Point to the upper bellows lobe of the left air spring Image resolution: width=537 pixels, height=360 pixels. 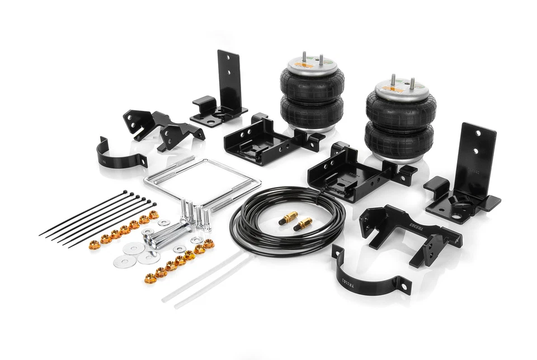pyautogui.click(x=312, y=87)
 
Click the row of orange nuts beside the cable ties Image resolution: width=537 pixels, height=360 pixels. pyautogui.click(x=124, y=230)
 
